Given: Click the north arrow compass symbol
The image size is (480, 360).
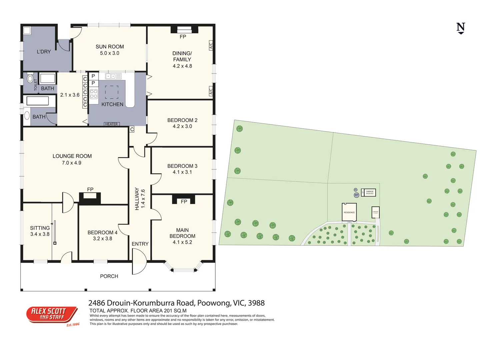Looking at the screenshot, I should point(461,28).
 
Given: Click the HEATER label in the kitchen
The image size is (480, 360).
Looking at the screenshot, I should point(111,124).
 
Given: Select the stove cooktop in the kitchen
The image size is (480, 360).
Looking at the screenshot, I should point(94,94).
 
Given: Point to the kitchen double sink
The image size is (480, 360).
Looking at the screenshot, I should point(111,76).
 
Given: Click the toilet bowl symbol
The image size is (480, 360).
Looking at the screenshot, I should point(30,79).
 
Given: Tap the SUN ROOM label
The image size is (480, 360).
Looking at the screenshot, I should point(110,47).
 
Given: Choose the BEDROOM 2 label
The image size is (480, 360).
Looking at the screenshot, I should point(182,120).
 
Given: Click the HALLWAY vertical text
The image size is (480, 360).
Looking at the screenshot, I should point(137,199).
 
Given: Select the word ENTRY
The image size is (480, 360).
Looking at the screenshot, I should point(140,244).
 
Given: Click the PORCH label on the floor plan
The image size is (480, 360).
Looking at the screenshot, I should point(109,276).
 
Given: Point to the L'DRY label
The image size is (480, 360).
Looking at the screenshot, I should point(44,52).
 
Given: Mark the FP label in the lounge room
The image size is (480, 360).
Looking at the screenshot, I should point(90,189).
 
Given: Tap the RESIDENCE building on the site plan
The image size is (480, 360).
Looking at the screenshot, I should point(349,212).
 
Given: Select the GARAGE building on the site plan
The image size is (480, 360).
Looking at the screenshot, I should point(370,192).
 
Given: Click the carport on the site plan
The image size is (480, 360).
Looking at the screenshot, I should point(375,212).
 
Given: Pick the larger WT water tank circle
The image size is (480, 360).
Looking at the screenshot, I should point(356,195).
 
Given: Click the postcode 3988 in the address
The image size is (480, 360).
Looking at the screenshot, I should point(256,303).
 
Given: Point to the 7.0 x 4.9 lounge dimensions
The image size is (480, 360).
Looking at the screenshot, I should point(72,163).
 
